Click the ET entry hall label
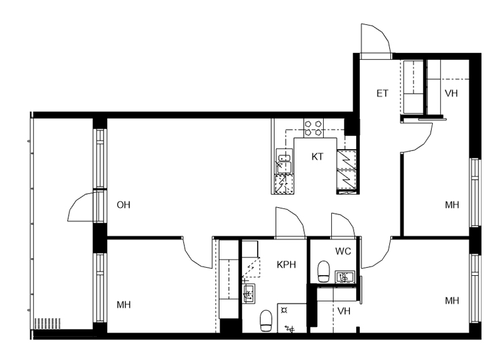click(x=382, y=93)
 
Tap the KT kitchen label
click(x=317, y=157)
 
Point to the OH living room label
click(x=124, y=205)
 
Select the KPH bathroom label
click(x=286, y=265)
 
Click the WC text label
click(x=343, y=251)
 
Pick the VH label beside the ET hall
click(x=451, y=93)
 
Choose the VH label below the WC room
click(x=344, y=311)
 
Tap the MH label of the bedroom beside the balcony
click(x=124, y=304)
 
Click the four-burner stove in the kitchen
click(x=313, y=128)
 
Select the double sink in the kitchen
click(x=284, y=162)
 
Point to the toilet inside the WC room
click(x=324, y=271)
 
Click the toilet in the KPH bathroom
click(x=266, y=321)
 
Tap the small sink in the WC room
click(x=345, y=276)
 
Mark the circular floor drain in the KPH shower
click(x=284, y=309)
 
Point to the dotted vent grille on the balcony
click(x=47, y=323)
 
